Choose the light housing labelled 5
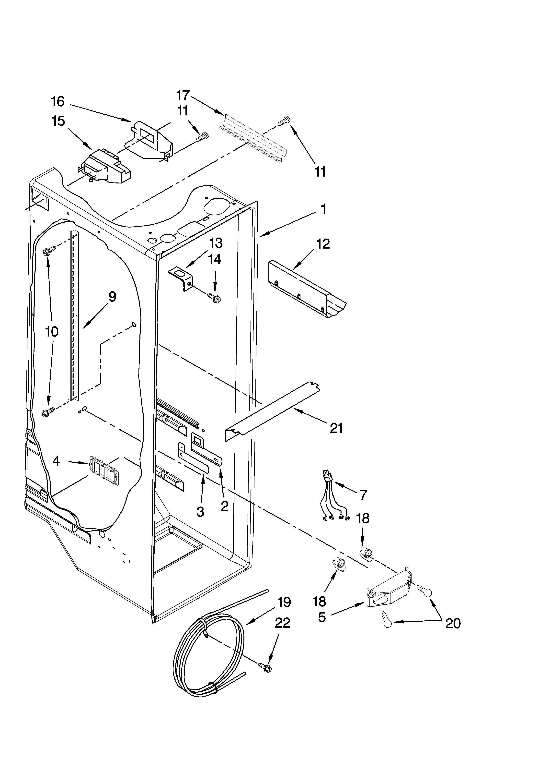pos(389,592)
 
